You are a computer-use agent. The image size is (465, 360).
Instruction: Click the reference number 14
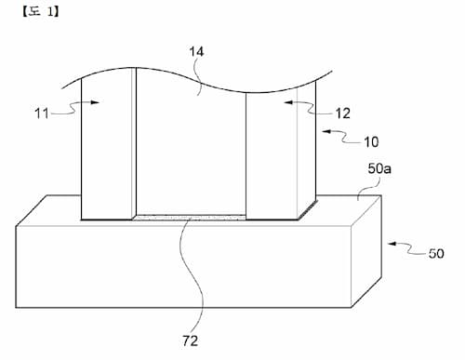[196, 52]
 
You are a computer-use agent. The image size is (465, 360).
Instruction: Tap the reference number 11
[42, 113]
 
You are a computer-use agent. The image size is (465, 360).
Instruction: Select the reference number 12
[343, 113]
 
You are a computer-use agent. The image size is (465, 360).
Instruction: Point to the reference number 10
[371, 142]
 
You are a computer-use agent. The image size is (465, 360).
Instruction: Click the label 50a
[379, 169]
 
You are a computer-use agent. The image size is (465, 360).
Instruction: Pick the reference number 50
[436, 253]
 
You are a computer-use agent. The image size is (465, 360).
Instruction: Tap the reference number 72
[190, 341]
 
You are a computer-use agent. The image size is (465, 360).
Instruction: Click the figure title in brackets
[41, 12]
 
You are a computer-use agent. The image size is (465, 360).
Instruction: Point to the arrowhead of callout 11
[95, 102]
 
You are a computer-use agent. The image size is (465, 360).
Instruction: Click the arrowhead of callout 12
[289, 102]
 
